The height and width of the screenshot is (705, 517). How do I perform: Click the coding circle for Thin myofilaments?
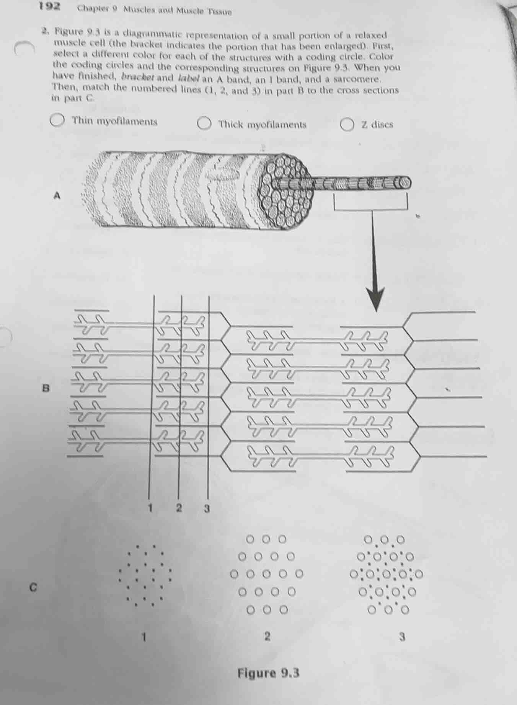[57, 120]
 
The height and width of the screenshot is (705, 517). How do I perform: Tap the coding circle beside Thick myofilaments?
[204, 124]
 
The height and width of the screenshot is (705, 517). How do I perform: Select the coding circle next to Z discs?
[347, 125]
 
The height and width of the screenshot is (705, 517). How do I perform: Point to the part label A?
[57, 195]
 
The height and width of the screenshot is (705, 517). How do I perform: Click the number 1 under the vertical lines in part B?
[151, 508]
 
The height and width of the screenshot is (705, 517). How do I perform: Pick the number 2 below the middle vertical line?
[178, 508]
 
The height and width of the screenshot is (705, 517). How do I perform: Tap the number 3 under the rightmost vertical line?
[207, 509]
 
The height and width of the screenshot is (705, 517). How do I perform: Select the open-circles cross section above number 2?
[267, 574]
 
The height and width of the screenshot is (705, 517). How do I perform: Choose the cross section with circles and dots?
[386, 574]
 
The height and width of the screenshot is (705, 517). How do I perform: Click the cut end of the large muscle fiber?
[284, 191]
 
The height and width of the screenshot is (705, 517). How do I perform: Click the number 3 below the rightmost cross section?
[402, 637]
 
